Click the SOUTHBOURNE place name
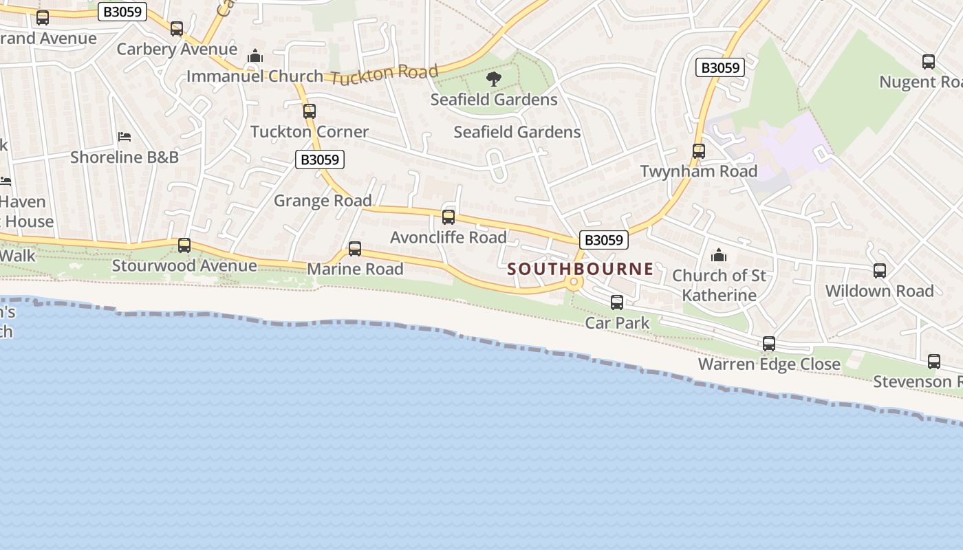[x=581, y=269]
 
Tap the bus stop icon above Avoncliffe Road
[x=448, y=217]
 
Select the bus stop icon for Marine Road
[x=355, y=249]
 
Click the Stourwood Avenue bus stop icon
[x=184, y=245]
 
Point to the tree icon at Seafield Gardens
[x=493, y=79]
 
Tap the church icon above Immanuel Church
[x=255, y=56]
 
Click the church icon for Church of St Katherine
[x=719, y=256]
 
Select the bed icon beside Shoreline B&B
[x=125, y=137]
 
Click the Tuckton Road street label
[x=384, y=74]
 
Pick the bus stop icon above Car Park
[x=617, y=302]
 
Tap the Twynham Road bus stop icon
[x=699, y=151]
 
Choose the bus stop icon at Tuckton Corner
[x=310, y=111]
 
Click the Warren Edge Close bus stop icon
[x=769, y=344]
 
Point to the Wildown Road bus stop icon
[x=880, y=271]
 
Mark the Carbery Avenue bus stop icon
[x=177, y=29]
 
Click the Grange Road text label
[x=323, y=201]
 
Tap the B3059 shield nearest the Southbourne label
[x=603, y=240]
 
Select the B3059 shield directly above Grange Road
[x=319, y=160]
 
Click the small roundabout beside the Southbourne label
[x=574, y=282]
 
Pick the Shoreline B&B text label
[x=125, y=157]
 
